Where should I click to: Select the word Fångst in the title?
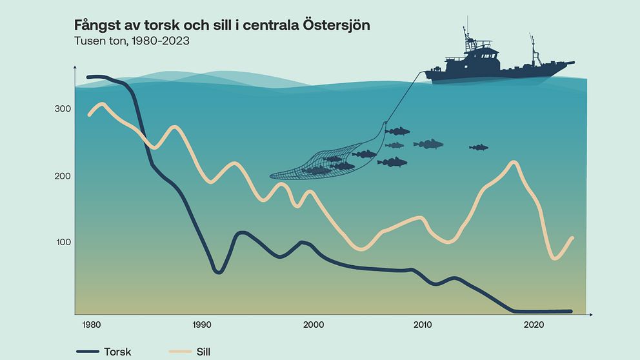[x=97, y=26]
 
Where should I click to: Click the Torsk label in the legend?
[x=117, y=352]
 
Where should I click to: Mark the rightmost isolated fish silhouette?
[x=479, y=148]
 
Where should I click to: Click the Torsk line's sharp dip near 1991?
[x=218, y=272]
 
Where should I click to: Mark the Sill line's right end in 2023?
[x=572, y=237]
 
